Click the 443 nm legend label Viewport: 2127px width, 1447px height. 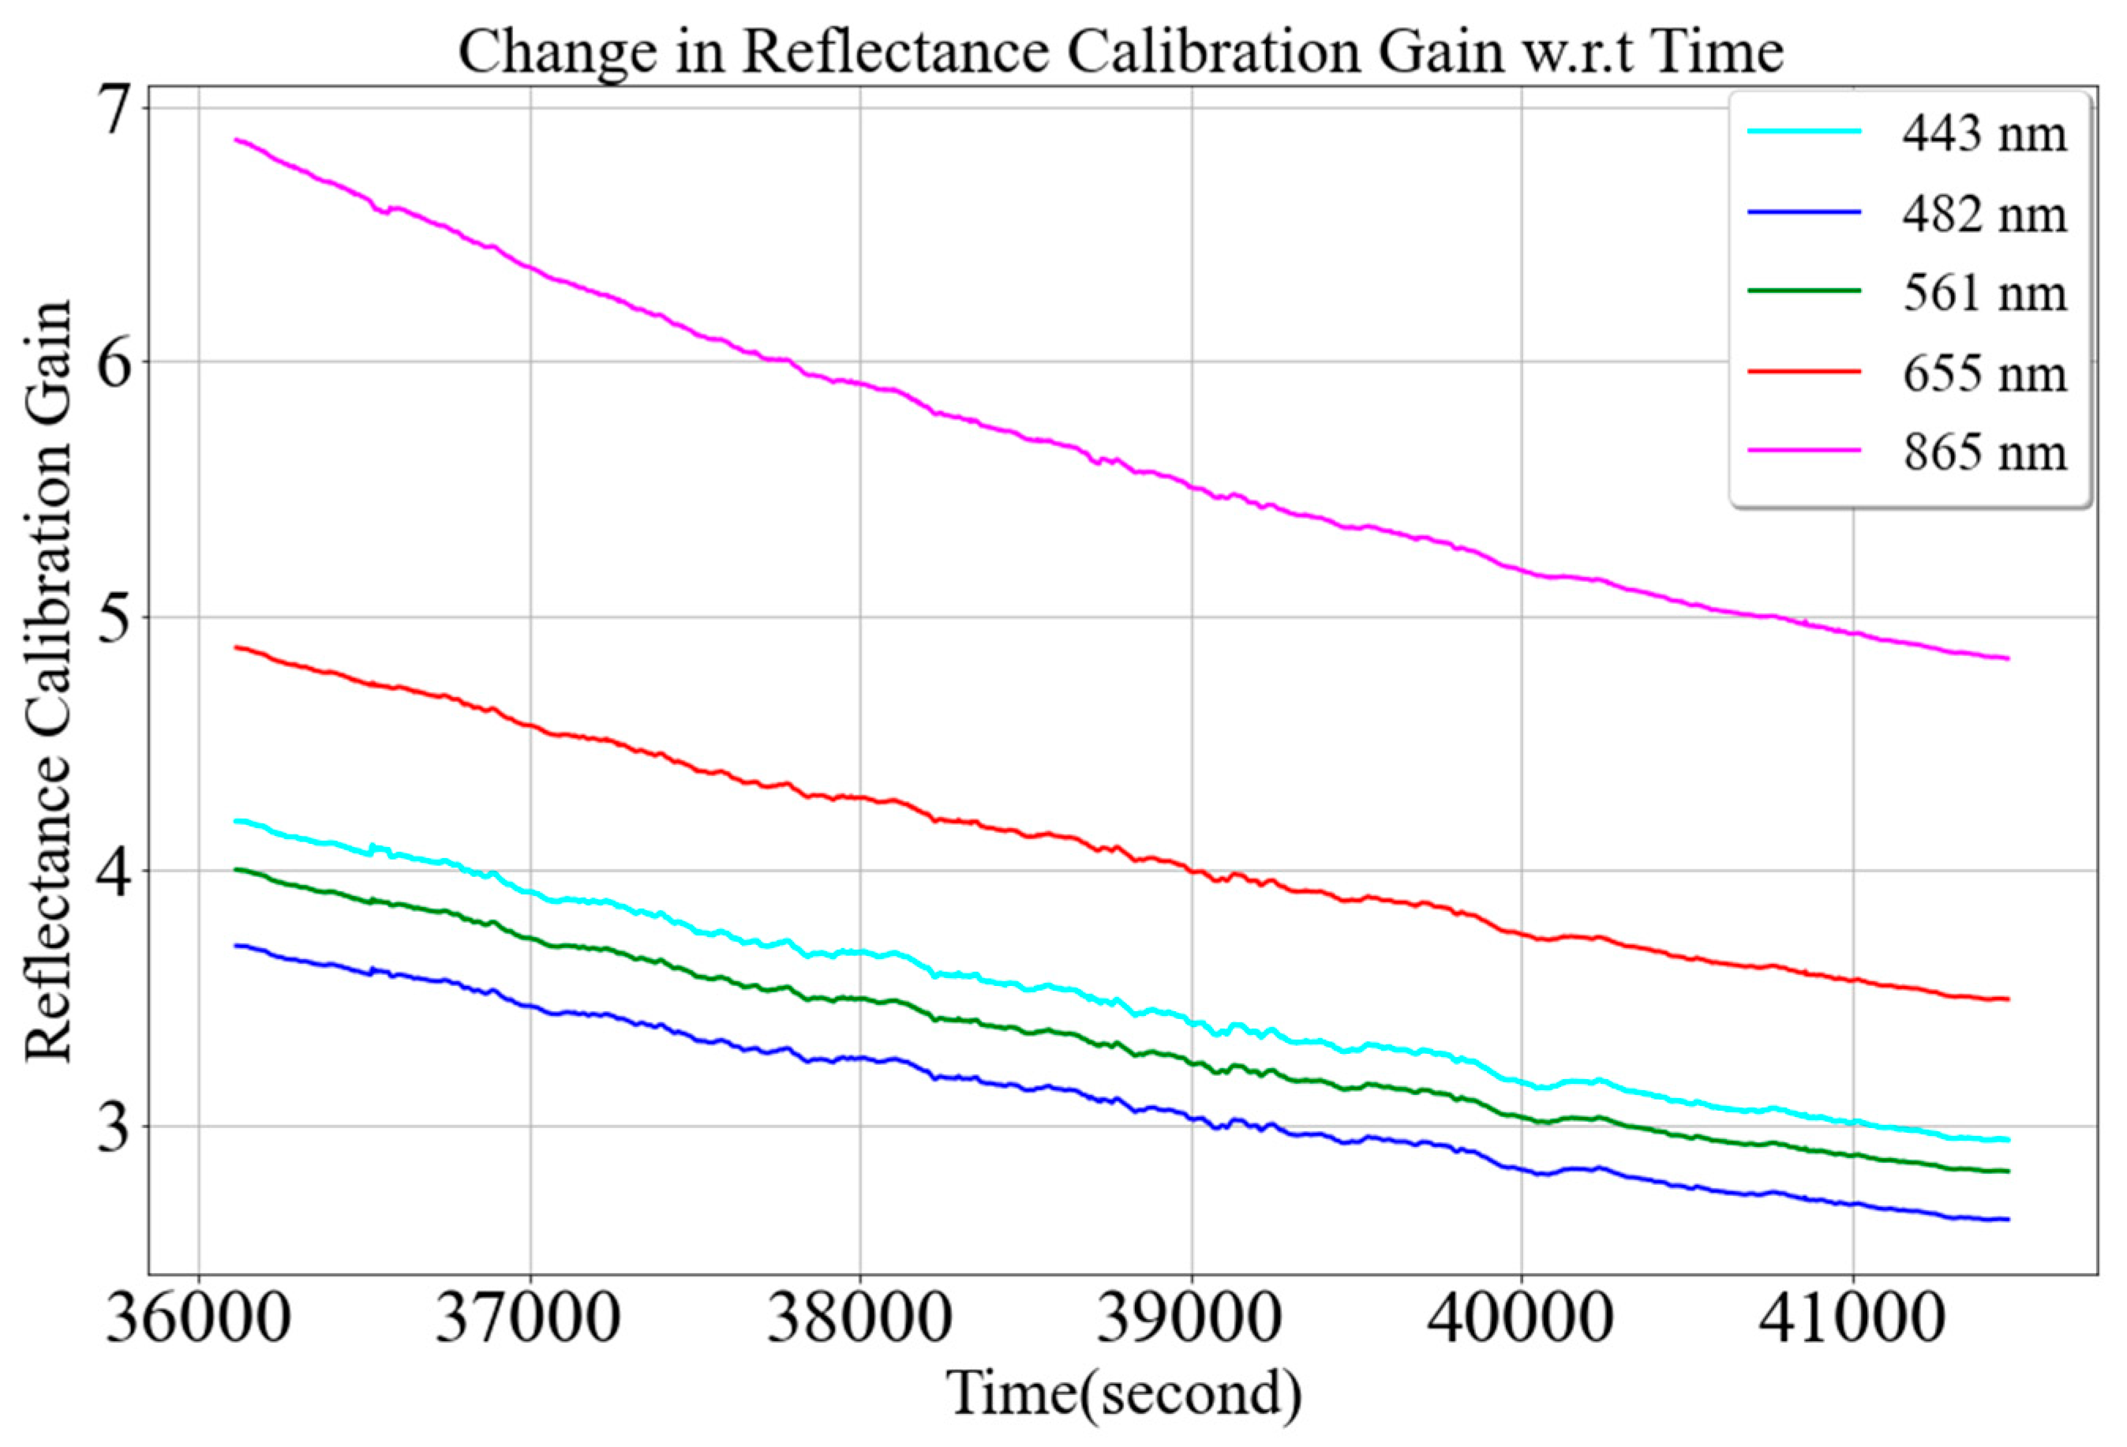(x=1984, y=134)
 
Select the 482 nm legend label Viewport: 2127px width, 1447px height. (x=1984, y=214)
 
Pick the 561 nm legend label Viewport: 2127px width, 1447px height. (x=1984, y=293)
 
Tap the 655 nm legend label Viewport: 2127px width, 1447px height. (x=1984, y=373)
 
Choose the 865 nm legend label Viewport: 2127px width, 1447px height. (x=1984, y=452)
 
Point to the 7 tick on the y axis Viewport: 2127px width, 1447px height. (x=114, y=110)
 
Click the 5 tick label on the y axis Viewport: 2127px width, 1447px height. (x=114, y=619)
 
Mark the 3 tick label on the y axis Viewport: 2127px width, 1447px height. (x=114, y=1127)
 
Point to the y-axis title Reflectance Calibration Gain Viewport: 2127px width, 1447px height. (x=47, y=681)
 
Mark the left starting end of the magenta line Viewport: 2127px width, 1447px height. (x=236, y=140)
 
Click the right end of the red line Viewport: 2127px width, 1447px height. (x=2007, y=999)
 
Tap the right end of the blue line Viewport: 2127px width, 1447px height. (x=2007, y=1219)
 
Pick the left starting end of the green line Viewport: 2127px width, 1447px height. (x=236, y=869)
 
